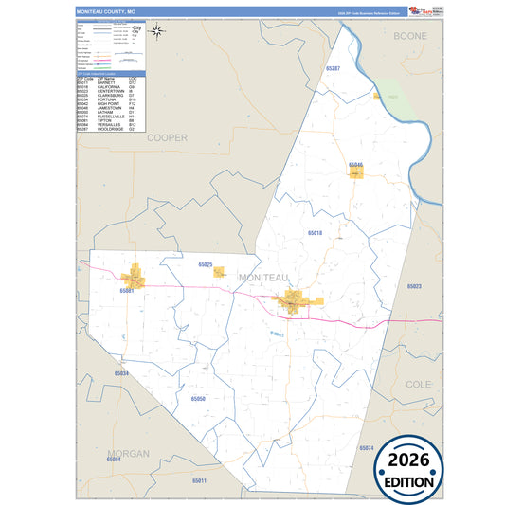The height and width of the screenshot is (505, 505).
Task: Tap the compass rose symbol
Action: pyautogui.click(x=159, y=31)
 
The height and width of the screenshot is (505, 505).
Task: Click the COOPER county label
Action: pyautogui.click(x=167, y=137)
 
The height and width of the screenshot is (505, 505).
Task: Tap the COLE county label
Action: pyautogui.click(x=418, y=384)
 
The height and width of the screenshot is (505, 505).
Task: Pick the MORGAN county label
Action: pyautogui.click(x=128, y=454)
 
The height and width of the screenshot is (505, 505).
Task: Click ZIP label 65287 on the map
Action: pyautogui.click(x=331, y=69)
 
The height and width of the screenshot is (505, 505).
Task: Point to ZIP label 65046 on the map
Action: pyautogui.click(x=355, y=165)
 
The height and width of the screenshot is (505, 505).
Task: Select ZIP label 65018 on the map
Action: pyautogui.click(x=315, y=232)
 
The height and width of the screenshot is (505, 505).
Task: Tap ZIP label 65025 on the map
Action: pyautogui.click(x=204, y=264)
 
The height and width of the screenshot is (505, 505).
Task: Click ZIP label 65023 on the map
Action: pyautogui.click(x=414, y=286)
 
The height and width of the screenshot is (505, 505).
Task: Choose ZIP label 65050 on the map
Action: pyautogui.click(x=198, y=400)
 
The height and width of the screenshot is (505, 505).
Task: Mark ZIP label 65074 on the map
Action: pyautogui.click(x=367, y=447)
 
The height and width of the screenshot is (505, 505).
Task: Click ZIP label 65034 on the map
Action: pyautogui.click(x=120, y=373)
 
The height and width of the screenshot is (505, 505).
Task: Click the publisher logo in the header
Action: pyautogui.click(x=413, y=10)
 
